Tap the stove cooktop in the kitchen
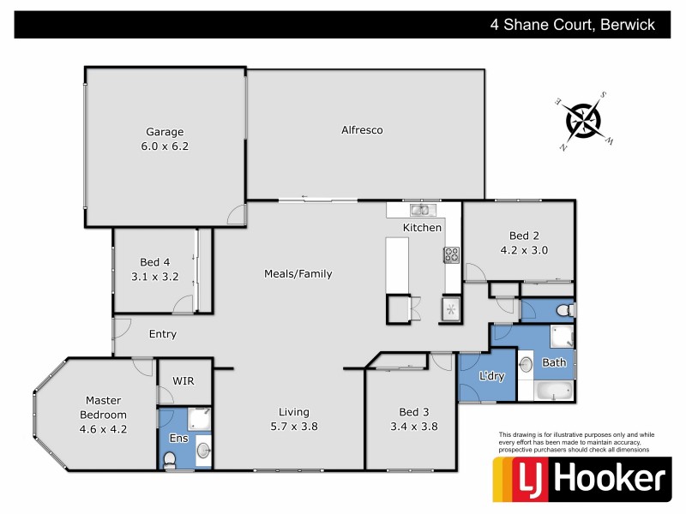tap(451, 254)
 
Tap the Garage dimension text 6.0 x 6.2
tap(165, 146)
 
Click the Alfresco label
tap(361, 130)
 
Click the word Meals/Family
tap(298, 274)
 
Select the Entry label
tap(162, 334)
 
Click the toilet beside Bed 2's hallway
tap(563, 309)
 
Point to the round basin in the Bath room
tap(526, 363)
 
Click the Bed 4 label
tap(154, 262)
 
